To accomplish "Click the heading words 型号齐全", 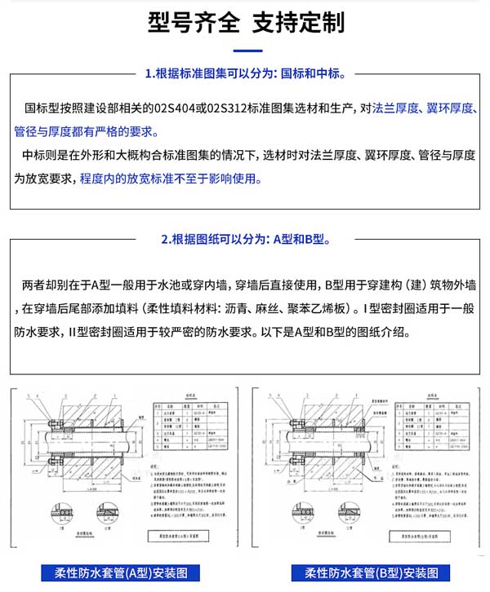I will coord(193,22).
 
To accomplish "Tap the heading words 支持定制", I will coord(297,22).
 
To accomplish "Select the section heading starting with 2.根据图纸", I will coord(245,240).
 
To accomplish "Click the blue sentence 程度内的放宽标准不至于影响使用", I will coord(171,179).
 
